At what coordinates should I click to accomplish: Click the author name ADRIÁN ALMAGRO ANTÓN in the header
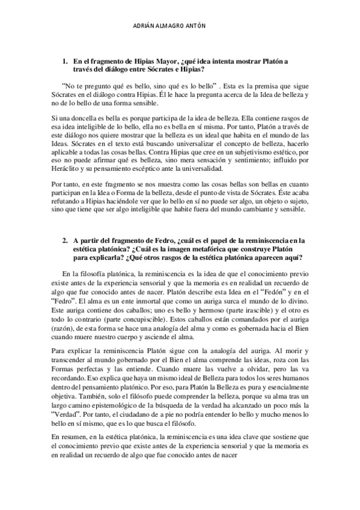tap(180, 26)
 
